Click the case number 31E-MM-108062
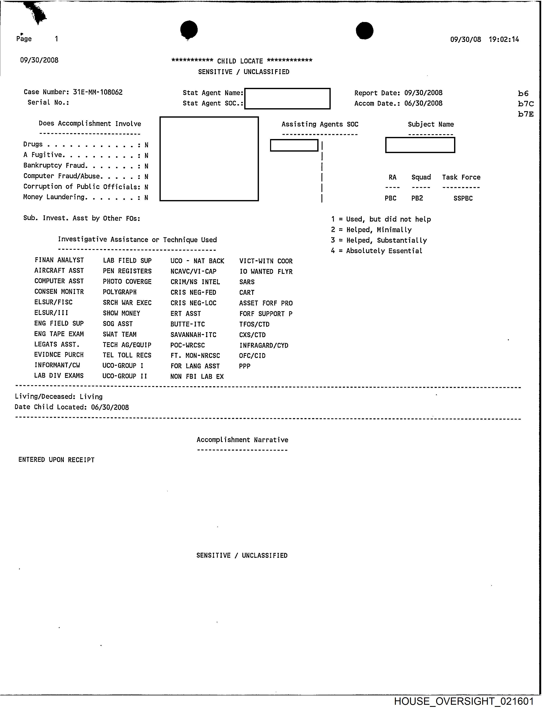pyautogui.click(x=98, y=92)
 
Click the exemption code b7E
pyautogui.click(x=526, y=114)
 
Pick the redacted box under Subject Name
pyautogui.click(x=420, y=145)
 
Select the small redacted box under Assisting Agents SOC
pyautogui.click(x=294, y=145)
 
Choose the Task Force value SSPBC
pyautogui.click(x=463, y=198)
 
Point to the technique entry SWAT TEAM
pyautogui.click(x=120, y=334)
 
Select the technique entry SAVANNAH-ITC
pyautogui.click(x=193, y=335)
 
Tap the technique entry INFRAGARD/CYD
pyautogui.click(x=264, y=345)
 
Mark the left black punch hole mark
pyautogui.click(x=189, y=29)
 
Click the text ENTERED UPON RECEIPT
pyautogui.click(x=56, y=460)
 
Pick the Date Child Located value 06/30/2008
pyautogui.click(x=110, y=407)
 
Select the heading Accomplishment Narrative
pyautogui.click(x=242, y=440)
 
